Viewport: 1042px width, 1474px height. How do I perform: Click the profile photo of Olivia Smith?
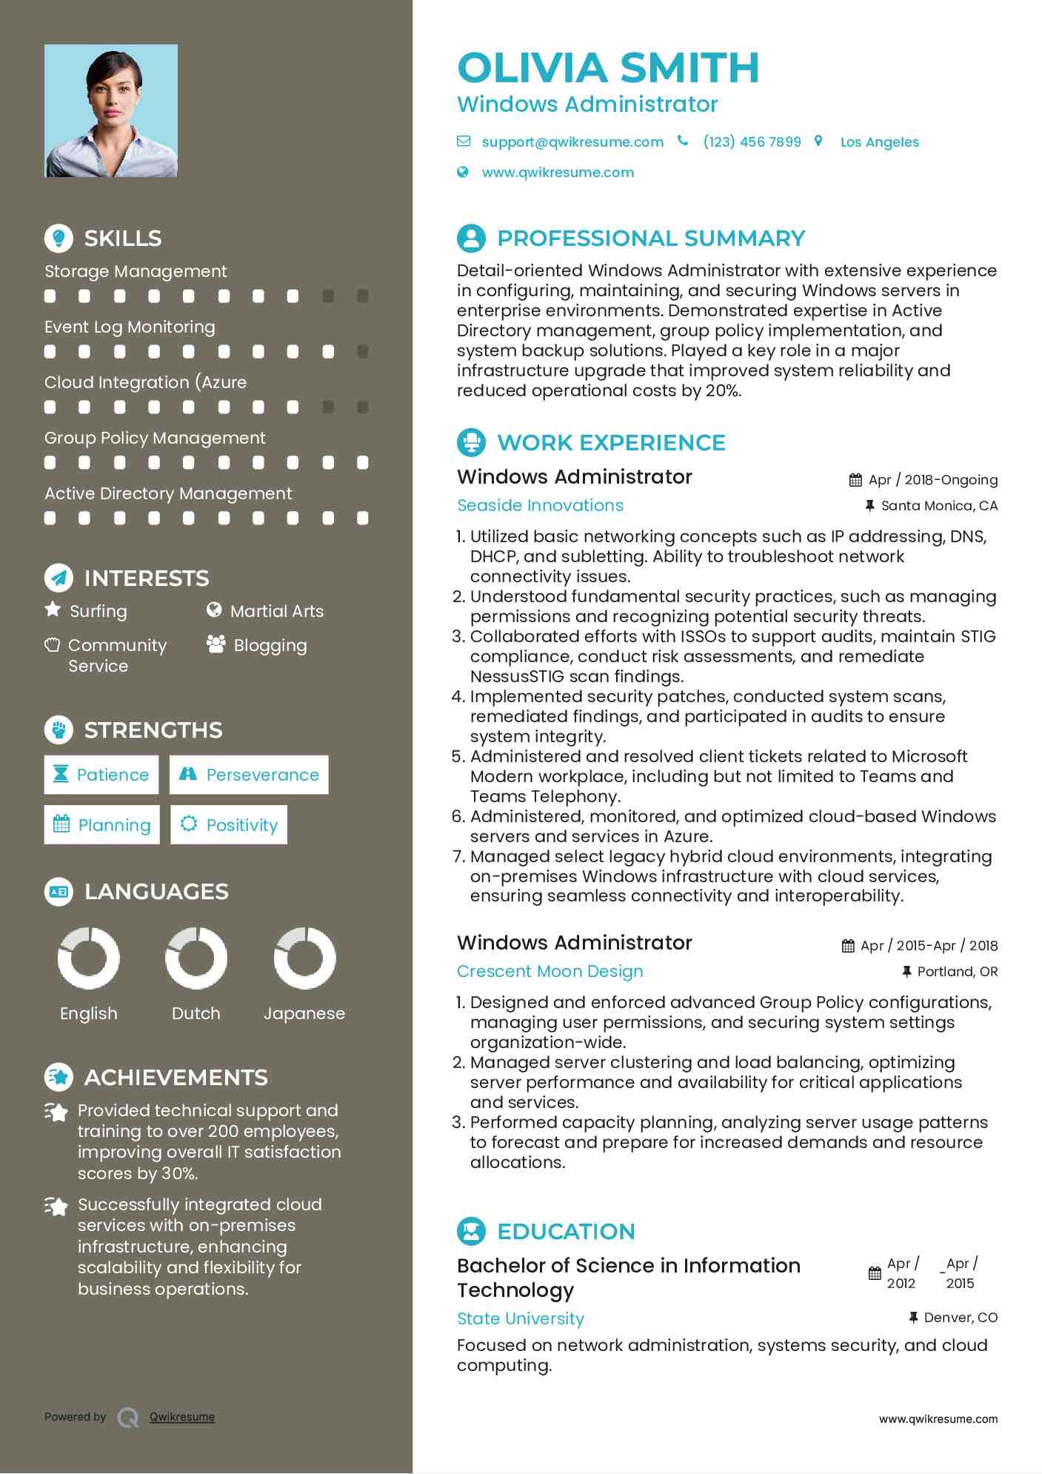[111, 110]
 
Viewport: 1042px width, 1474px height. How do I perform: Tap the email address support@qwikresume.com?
[572, 141]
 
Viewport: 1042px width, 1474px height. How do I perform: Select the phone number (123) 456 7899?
[751, 141]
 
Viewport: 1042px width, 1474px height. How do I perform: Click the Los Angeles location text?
[879, 142]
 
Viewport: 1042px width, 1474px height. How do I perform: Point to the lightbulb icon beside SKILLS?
[59, 238]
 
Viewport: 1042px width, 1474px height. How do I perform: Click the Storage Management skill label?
[136, 271]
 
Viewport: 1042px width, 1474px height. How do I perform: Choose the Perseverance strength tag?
[249, 775]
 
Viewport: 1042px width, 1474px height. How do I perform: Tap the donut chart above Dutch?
[196, 958]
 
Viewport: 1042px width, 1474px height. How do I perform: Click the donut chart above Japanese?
[304, 958]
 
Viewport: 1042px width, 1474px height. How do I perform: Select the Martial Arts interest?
[276, 611]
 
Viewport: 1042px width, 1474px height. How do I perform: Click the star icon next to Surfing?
[53, 610]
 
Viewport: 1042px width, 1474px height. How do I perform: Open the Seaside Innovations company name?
[540, 505]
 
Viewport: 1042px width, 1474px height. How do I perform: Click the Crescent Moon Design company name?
[550, 971]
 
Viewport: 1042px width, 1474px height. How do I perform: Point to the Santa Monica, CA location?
[938, 506]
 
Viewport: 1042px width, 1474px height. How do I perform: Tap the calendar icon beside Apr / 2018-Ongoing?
[855, 480]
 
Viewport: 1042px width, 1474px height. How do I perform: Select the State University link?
[520, 1318]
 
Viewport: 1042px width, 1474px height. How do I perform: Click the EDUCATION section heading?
[566, 1231]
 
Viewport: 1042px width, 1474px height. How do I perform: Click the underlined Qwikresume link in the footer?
[181, 1417]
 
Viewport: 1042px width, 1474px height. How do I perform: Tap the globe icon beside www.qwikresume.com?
[463, 172]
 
